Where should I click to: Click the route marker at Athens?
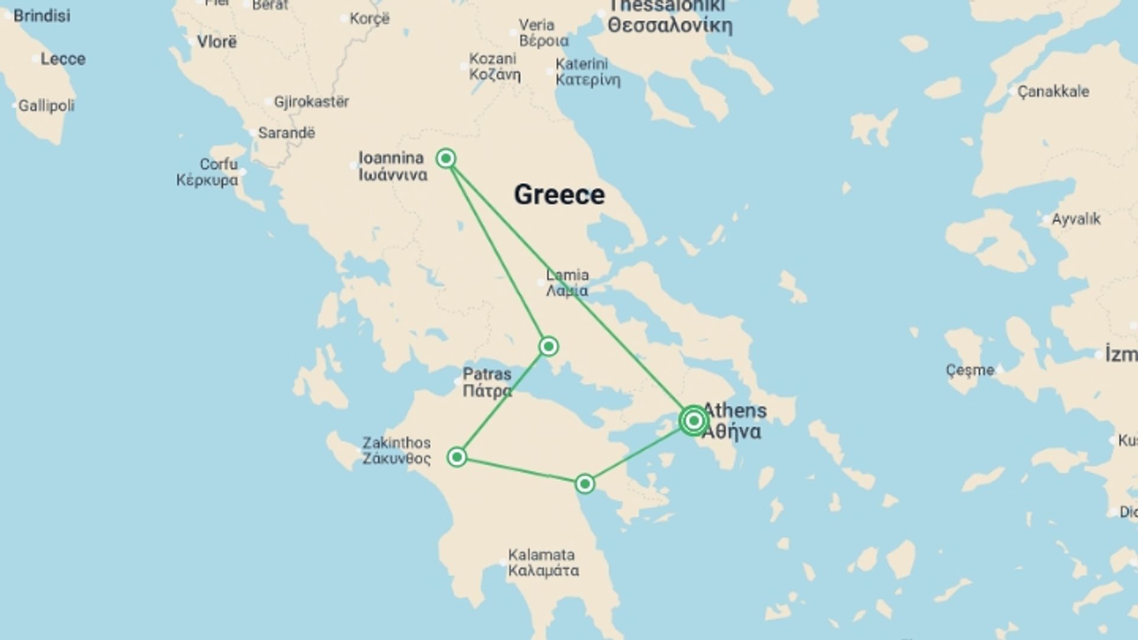pos(693,421)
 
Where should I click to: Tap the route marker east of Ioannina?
pos(446,158)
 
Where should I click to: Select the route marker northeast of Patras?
pos(548,346)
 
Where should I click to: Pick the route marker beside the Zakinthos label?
pos(457,457)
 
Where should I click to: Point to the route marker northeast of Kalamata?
pos(585,484)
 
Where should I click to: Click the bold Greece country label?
pos(559,194)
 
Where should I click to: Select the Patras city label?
pos(487,382)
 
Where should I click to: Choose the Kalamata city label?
pos(543,563)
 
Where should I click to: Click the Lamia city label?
pos(567,283)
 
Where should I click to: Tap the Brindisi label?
pos(41,16)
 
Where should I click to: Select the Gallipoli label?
pos(46,106)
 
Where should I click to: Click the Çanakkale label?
pos(1053,91)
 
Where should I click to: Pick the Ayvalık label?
pos(1075,219)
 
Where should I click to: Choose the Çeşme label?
pos(970,370)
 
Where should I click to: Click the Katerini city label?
pos(587,72)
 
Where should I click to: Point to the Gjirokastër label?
pos(311,102)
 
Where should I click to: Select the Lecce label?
pos(63,59)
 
